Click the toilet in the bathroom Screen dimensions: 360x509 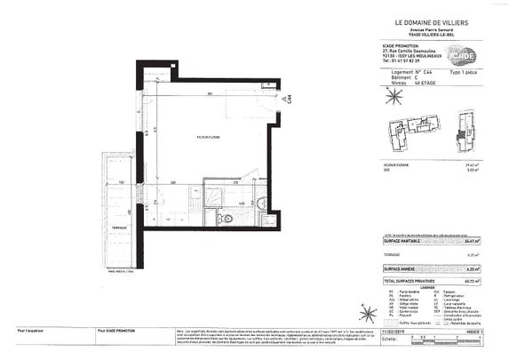228,217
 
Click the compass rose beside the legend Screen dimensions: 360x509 362,312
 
